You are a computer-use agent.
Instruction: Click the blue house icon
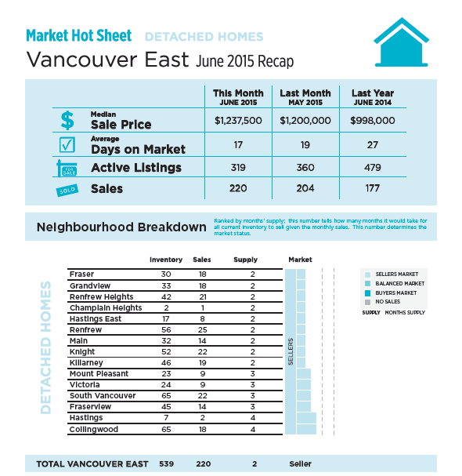click(x=402, y=42)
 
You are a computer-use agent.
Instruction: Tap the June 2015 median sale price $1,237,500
click(x=238, y=121)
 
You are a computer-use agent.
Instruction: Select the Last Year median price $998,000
click(x=373, y=121)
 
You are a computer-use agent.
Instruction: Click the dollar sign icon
click(x=67, y=120)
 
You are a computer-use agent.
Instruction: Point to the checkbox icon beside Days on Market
click(x=67, y=145)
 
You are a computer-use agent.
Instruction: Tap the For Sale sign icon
click(x=67, y=168)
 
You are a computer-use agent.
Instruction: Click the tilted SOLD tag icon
click(x=67, y=191)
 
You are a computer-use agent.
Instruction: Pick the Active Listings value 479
click(x=373, y=167)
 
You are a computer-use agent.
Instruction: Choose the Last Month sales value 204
click(x=305, y=188)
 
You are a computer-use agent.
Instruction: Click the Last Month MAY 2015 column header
click(x=305, y=97)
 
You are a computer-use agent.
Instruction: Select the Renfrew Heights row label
click(x=101, y=296)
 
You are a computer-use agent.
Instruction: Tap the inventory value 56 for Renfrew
click(x=166, y=329)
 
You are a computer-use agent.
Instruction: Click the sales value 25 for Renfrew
click(x=203, y=329)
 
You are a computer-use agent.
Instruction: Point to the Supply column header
click(x=245, y=260)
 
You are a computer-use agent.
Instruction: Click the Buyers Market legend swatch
click(x=367, y=293)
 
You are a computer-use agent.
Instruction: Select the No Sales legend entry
click(x=382, y=302)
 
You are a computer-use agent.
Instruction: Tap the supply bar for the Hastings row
click(x=306, y=418)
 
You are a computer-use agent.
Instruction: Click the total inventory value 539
click(x=167, y=464)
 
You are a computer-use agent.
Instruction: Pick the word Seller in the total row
click(x=300, y=464)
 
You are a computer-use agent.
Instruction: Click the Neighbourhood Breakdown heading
click(x=121, y=227)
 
